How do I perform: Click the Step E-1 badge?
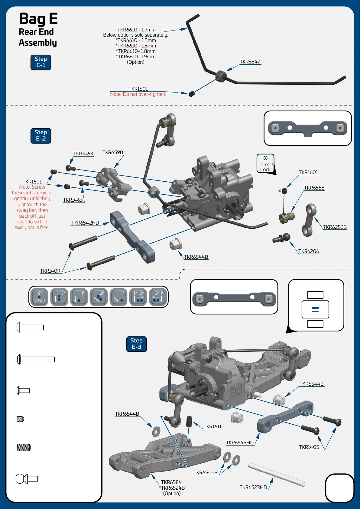coord(41,62)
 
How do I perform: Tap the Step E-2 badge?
coord(41,136)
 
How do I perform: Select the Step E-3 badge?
coord(136,344)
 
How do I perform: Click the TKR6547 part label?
coord(250,62)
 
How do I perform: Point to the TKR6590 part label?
coord(113,153)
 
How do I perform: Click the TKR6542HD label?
coord(85,223)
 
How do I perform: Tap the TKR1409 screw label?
coord(50,271)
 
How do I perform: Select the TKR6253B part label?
coord(335,227)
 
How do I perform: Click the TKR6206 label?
coord(309,251)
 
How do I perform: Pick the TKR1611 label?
coord(212,427)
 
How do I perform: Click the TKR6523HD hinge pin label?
coord(253,488)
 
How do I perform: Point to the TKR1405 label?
coord(309,447)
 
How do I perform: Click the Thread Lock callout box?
coord(265,164)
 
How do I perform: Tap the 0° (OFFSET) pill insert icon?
coord(39,297)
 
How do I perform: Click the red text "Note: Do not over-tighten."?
coord(138,94)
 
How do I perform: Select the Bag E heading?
coord(38,19)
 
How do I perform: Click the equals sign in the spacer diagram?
coord(315,309)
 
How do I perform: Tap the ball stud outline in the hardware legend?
coord(27,479)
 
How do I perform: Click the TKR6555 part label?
coord(314,188)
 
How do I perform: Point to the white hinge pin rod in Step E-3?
coord(276,475)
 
